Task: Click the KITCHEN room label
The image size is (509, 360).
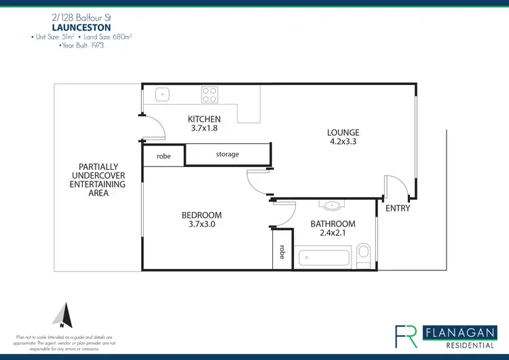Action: (204, 120)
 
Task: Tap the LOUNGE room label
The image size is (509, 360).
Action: (343, 132)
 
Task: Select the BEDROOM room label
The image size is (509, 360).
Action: (202, 215)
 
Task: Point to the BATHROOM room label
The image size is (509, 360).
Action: (333, 224)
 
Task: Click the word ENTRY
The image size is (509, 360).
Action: (398, 209)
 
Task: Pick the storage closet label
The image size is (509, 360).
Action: (227, 154)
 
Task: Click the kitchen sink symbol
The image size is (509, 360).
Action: (162, 94)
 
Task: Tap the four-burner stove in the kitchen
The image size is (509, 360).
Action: (209, 94)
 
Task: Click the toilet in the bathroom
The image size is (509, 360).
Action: (364, 254)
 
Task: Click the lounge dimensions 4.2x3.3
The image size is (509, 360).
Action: (343, 143)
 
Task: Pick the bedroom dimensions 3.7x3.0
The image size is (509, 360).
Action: (202, 225)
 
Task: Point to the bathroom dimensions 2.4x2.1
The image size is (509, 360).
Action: (333, 234)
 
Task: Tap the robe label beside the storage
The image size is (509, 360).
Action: (164, 156)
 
